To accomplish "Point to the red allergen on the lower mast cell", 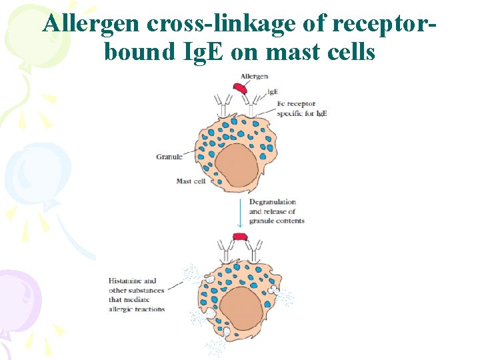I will (x=239, y=237).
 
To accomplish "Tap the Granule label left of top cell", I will (x=169, y=157).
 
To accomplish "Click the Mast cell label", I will (x=191, y=181).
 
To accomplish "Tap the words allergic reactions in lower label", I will (x=132, y=310).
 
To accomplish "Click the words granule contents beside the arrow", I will (x=277, y=221).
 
